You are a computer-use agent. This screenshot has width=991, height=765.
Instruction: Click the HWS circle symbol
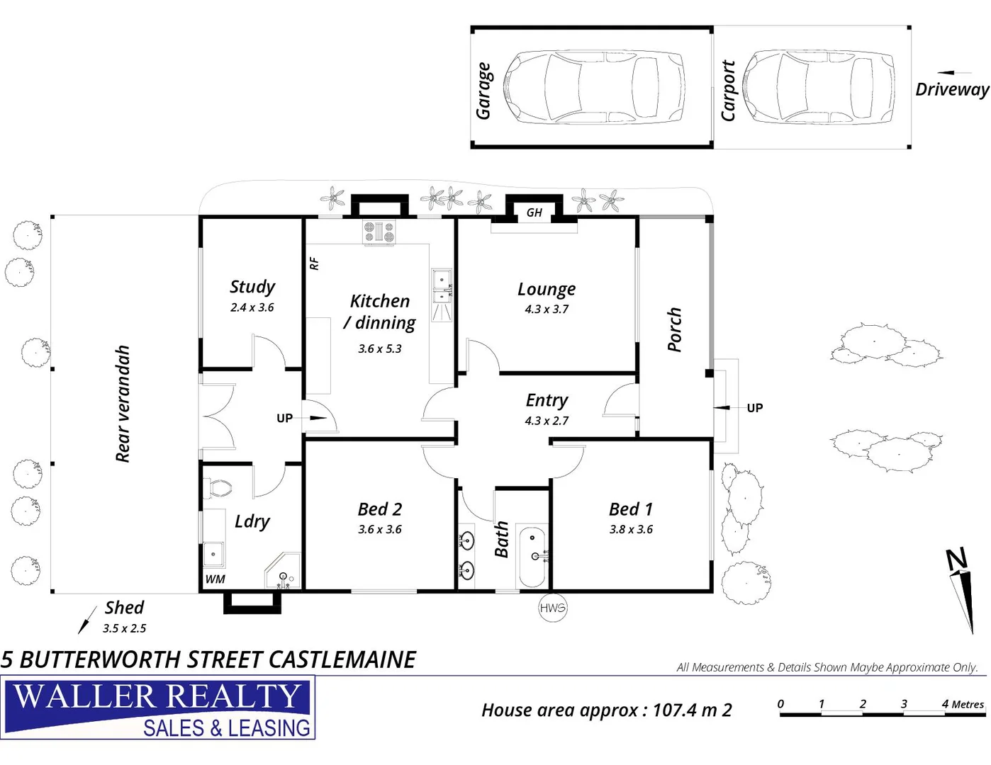click(x=552, y=608)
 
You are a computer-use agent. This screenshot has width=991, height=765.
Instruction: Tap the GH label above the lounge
click(x=534, y=212)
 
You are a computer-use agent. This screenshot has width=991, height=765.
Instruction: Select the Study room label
click(x=252, y=286)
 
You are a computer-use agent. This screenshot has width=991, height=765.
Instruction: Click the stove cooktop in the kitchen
click(x=379, y=231)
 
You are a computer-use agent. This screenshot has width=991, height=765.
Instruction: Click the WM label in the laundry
click(x=215, y=579)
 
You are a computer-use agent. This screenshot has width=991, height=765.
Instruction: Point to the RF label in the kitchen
click(x=314, y=263)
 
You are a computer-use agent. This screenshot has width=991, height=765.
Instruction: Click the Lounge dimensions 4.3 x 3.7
click(x=546, y=310)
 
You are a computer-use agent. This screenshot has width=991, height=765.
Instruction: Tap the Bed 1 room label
click(x=630, y=509)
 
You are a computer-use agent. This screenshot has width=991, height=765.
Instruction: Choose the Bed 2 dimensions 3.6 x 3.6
click(x=379, y=529)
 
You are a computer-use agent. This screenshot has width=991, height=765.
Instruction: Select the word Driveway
click(x=951, y=89)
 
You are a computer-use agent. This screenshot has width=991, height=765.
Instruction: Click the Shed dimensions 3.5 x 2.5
click(x=124, y=628)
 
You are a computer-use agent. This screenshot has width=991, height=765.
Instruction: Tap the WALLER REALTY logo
click(x=158, y=708)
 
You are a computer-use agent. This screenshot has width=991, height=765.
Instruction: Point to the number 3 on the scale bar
click(x=904, y=703)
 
